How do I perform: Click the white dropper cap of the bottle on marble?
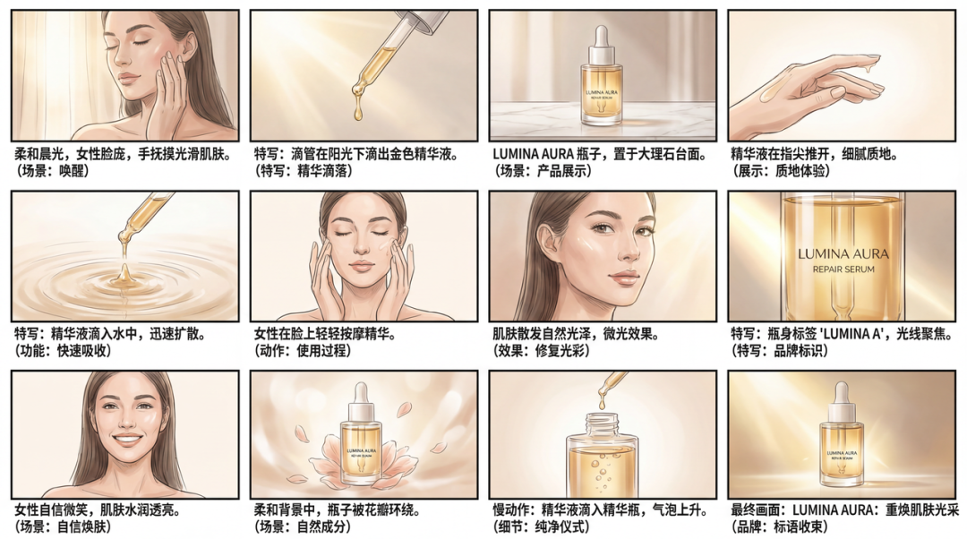click(x=602, y=38)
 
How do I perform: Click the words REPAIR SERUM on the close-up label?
click(x=842, y=269)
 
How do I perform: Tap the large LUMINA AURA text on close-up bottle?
click(x=842, y=253)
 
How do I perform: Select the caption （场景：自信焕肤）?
click(x=63, y=526)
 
